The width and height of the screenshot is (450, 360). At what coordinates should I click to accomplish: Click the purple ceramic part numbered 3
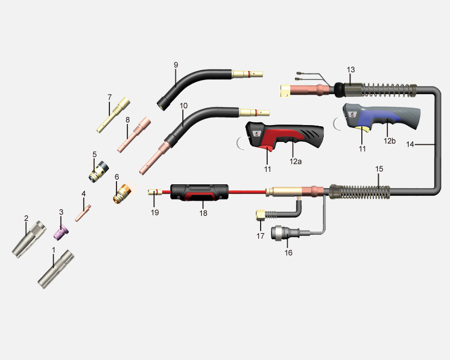61,232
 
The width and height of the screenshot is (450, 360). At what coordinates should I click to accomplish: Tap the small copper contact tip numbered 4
83,213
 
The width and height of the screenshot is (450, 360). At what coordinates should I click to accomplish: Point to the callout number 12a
295,162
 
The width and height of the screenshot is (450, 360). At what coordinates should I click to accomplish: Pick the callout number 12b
390,141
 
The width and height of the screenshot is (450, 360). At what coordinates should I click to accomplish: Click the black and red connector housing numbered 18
200,193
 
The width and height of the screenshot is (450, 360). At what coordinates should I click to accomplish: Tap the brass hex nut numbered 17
261,215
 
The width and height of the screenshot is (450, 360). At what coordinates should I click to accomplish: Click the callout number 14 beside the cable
410,144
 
